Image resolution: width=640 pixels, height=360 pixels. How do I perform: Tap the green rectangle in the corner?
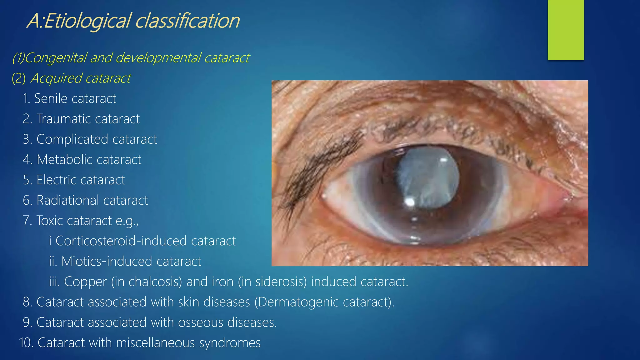pos(566,30)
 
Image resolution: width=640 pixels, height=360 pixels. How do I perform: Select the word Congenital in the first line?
pos(55,58)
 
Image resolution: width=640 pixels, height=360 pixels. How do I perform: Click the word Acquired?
pos(56,78)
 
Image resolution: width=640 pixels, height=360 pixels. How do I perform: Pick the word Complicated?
pos(72,139)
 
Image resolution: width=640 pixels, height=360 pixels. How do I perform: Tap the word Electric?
pos(56,180)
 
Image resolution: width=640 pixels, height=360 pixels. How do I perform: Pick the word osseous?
pos(201,322)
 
